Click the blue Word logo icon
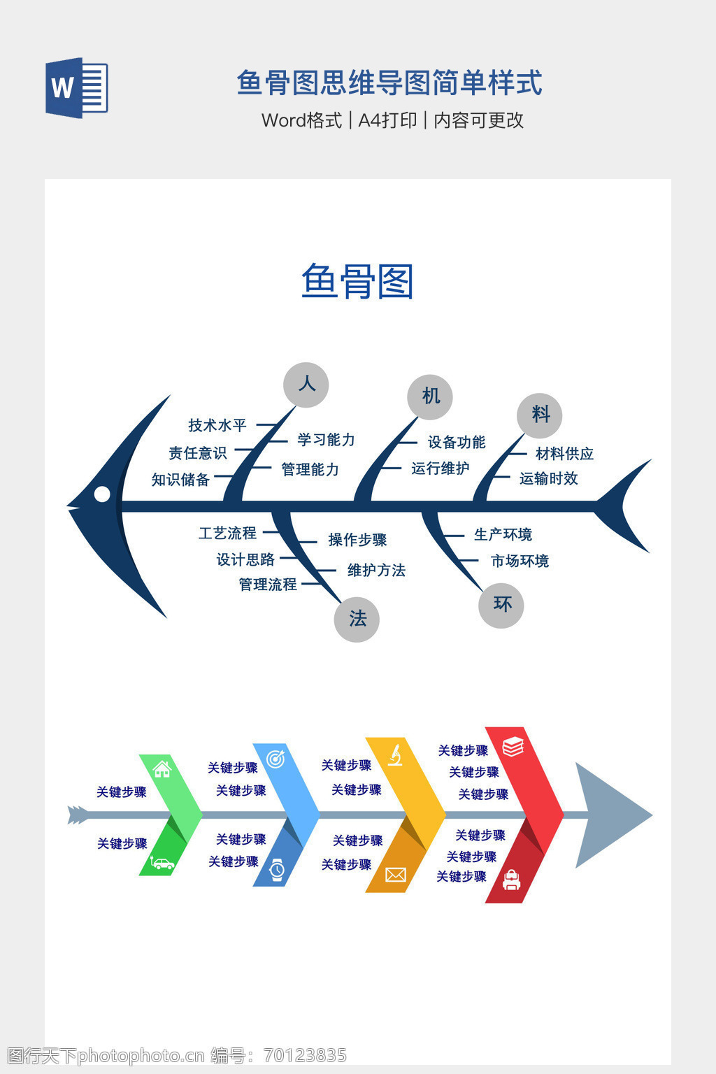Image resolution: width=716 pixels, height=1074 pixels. pos(77,88)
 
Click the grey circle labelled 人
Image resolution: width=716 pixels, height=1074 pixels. pos(306,385)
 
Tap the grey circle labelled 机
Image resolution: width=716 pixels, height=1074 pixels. pos(430,396)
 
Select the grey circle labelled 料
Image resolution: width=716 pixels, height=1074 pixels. pos(540,415)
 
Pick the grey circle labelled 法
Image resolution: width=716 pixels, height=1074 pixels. pos(357,619)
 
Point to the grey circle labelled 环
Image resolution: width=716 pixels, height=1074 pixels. pos(501,605)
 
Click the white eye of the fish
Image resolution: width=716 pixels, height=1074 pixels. pos(102,494)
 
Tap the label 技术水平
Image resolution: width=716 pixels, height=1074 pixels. pos(217,425)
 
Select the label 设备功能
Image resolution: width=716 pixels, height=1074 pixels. pos(457,442)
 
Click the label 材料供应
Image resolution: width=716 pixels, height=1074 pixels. pos(564,454)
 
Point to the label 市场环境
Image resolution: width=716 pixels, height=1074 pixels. pos(520,561)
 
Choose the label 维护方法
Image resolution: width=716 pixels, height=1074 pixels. pos(376,570)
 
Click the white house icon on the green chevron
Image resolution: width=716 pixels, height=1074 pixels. pos(162,769)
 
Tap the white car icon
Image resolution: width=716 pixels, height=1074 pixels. pos(163,864)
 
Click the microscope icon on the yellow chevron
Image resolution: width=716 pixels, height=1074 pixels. pos(395,755)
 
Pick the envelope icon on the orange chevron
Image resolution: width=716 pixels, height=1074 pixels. pos(396,874)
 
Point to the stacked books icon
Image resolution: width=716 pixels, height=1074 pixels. pos(513,747)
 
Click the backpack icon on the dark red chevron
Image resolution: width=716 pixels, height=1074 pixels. pos(512,880)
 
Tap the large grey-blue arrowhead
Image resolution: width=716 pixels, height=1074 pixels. pos(608,815)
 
